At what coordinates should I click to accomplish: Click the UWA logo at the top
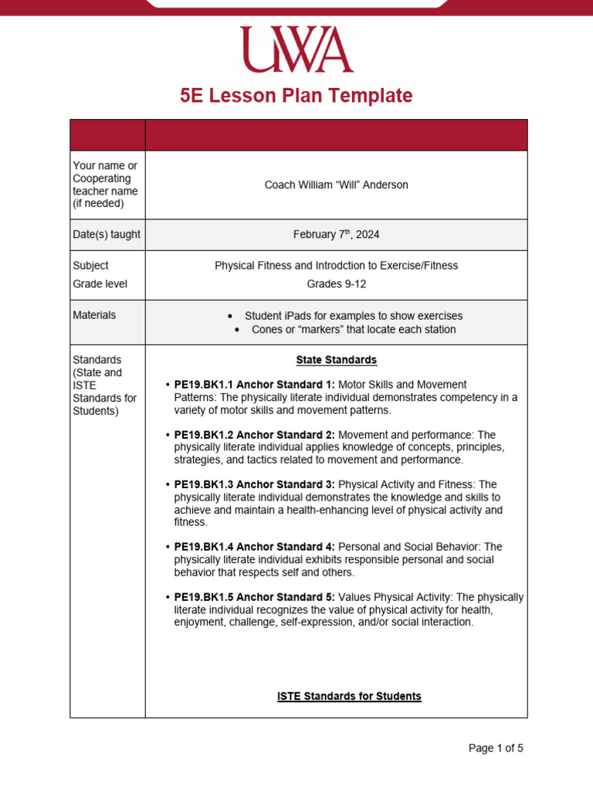pos(296,50)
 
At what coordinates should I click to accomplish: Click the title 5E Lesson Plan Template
pos(296,96)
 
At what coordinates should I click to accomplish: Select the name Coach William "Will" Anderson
pos(336,185)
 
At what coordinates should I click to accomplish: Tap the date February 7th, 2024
pos(336,235)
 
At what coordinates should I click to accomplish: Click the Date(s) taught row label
pos(107,234)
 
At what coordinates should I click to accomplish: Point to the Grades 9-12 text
pos(336,283)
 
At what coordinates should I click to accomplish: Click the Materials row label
pos(94,315)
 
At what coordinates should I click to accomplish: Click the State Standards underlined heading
pos(336,360)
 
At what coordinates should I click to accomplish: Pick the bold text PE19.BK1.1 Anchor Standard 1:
pos(255,385)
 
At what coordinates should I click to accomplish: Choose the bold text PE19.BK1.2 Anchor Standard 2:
pos(255,435)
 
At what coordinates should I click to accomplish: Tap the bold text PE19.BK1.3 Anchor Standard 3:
pos(255,484)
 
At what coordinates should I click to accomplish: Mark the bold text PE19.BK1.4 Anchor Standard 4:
pos(255,547)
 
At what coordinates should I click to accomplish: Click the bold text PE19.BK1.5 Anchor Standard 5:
pos(255,597)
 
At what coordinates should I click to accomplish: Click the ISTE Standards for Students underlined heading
pos(349,696)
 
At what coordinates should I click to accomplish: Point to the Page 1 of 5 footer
pos(496,748)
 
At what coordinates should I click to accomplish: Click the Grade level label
pos(100,283)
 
